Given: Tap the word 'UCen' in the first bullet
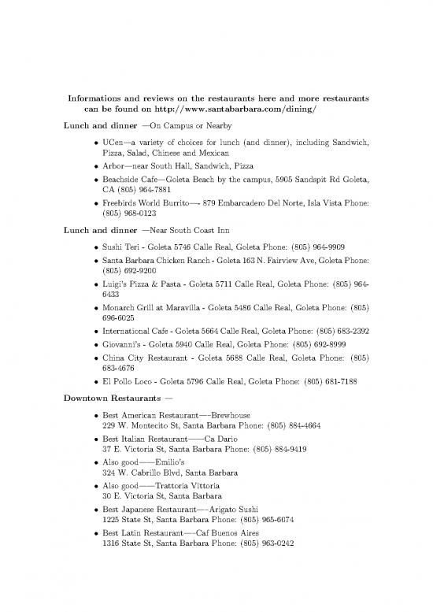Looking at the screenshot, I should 109,143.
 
